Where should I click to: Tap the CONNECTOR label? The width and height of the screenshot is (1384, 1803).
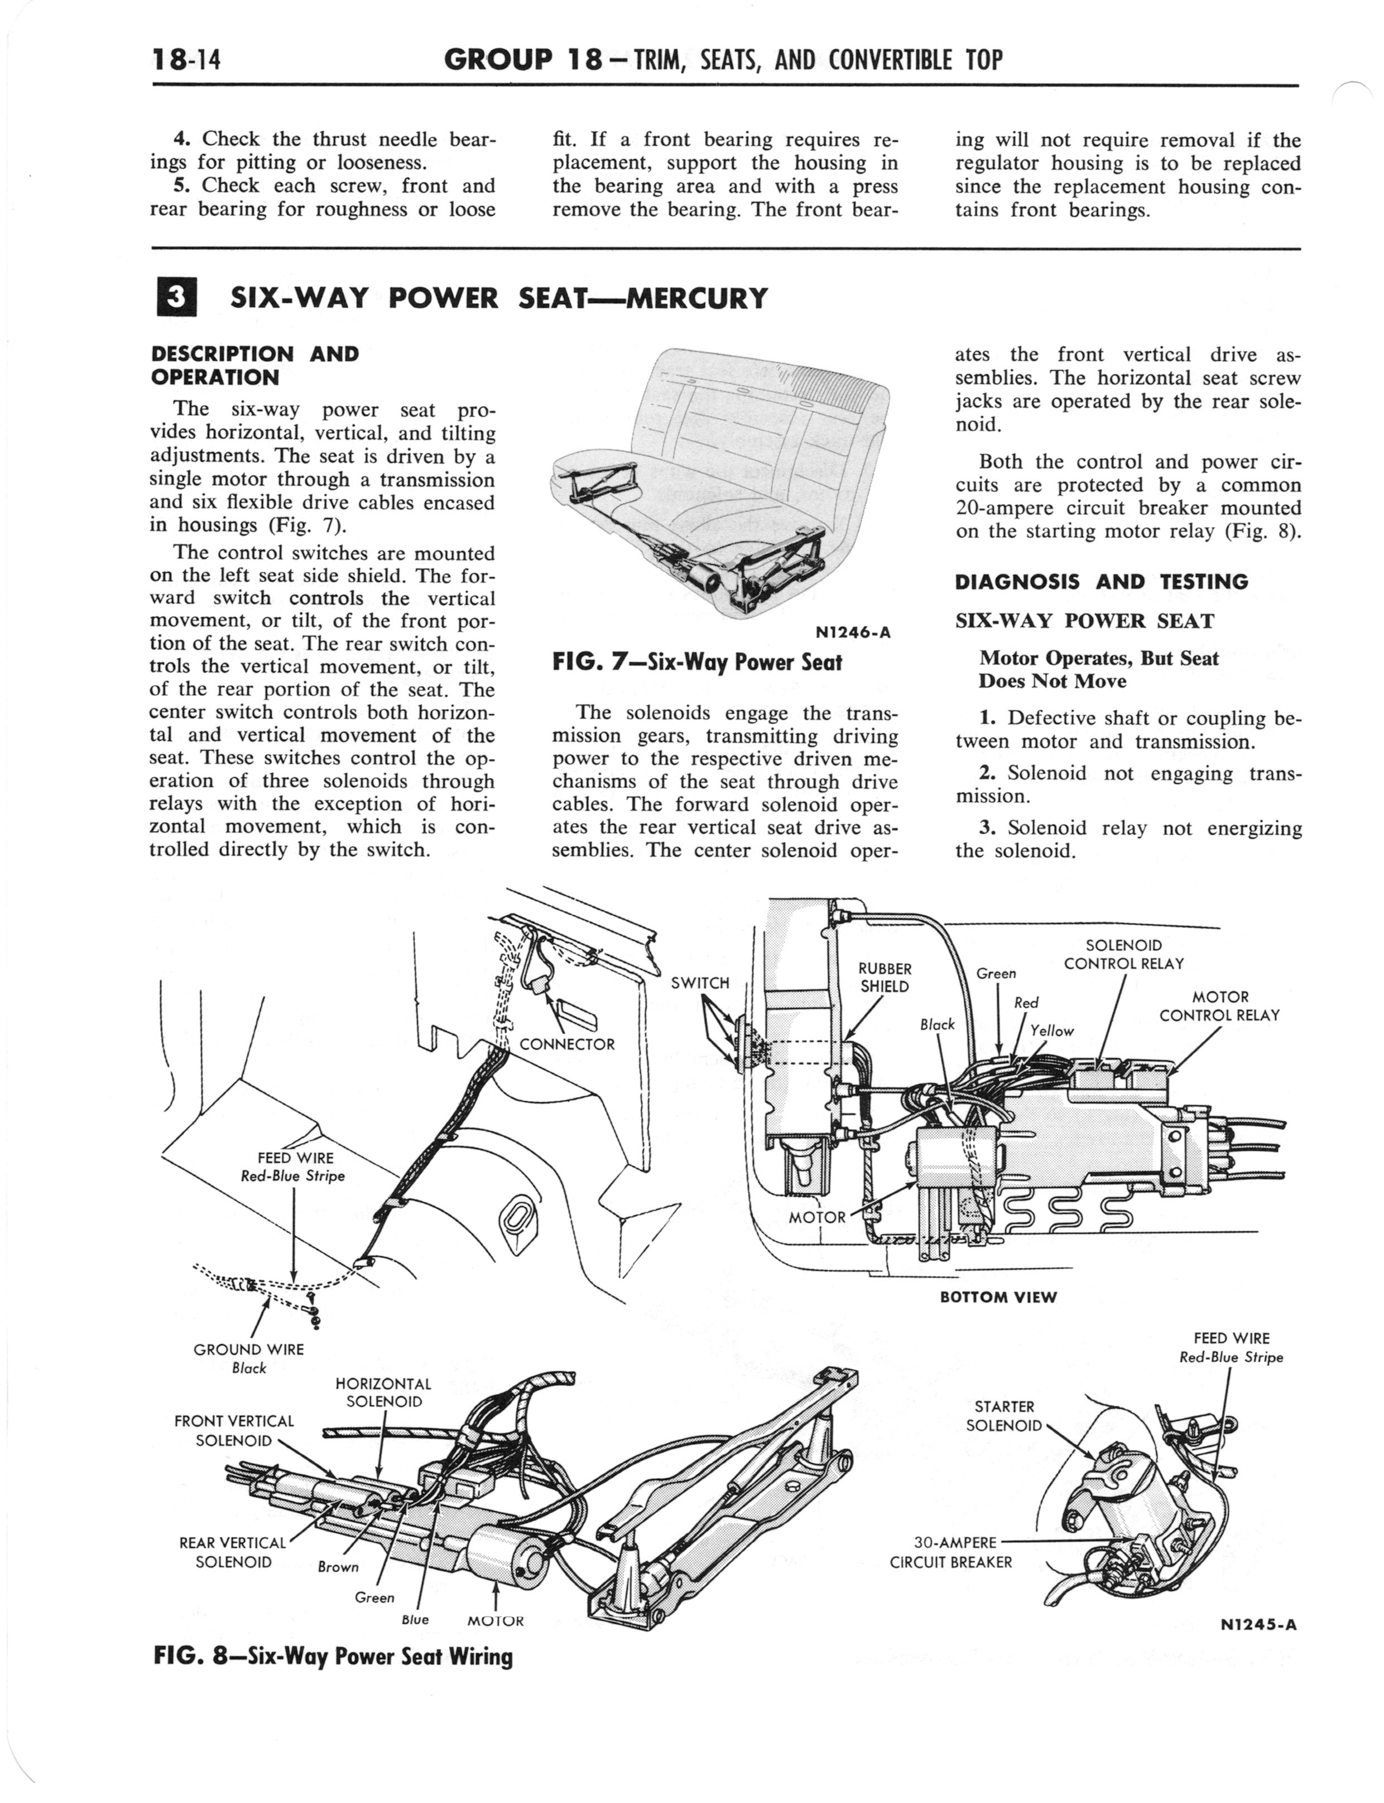click(x=567, y=1045)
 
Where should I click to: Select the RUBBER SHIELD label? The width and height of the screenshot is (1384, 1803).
click(x=885, y=977)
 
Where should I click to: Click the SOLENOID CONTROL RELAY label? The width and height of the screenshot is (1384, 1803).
click(x=1124, y=954)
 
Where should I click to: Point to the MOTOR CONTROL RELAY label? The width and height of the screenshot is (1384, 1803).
click(x=1219, y=1006)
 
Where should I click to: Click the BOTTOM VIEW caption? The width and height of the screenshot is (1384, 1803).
click(x=998, y=1297)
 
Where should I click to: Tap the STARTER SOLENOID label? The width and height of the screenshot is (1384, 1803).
click(x=1003, y=1415)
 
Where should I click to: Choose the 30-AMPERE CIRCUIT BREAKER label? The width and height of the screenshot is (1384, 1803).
click(x=952, y=1552)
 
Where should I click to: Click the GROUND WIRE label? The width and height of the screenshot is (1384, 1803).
click(x=248, y=1349)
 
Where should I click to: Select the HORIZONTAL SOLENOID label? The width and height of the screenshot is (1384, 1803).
click(x=383, y=1393)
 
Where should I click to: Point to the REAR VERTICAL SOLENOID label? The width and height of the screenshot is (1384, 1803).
click(x=233, y=1552)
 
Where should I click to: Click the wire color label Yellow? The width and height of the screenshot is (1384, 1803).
click(x=1052, y=1031)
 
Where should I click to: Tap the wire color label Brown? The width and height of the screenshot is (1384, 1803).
click(x=338, y=1566)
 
